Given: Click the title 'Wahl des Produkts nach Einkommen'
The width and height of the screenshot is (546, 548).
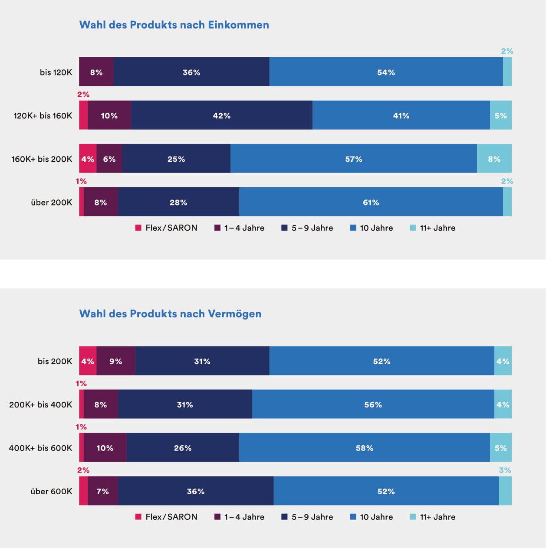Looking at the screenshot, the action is [x=174, y=25].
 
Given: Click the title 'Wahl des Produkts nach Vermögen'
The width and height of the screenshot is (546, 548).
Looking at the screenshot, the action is [x=170, y=314].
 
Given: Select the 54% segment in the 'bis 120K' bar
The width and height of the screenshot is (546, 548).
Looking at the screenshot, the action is [x=386, y=72].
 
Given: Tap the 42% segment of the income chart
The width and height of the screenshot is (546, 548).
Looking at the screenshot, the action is [x=222, y=115].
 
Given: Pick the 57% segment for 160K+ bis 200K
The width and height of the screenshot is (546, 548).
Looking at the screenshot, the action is [x=354, y=158].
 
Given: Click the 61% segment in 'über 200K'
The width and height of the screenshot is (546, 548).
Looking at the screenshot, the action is [x=371, y=202].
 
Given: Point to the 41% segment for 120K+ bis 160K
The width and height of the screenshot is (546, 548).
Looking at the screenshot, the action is [x=401, y=115].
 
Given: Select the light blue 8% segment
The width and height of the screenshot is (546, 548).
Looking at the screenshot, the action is [x=494, y=158].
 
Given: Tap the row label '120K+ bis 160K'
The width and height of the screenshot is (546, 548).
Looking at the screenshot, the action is [x=43, y=116].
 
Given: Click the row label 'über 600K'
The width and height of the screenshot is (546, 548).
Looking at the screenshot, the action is [x=51, y=491].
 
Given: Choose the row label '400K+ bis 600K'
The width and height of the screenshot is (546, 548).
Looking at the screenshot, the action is [x=40, y=448].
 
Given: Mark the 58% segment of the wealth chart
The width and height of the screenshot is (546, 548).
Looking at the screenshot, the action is [x=365, y=447].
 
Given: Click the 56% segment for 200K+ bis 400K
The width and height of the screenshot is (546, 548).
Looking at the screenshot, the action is [x=373, y=404].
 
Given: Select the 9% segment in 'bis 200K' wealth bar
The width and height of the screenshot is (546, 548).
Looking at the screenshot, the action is [x=116, y=361].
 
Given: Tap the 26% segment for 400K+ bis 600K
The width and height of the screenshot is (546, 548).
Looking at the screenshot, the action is [x=183, y=447].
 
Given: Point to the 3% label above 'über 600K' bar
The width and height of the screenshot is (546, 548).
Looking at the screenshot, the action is [x=505, y=470].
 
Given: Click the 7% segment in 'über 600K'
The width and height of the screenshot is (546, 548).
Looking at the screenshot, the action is [x=103, y=491].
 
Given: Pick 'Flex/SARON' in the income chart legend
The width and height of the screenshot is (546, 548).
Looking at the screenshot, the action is [x=166, y=228].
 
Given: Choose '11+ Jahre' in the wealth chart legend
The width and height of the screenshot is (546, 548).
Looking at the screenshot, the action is [x=433, y=517].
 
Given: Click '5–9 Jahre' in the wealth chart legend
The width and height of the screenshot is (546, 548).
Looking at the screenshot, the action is [x=307, y=517].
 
